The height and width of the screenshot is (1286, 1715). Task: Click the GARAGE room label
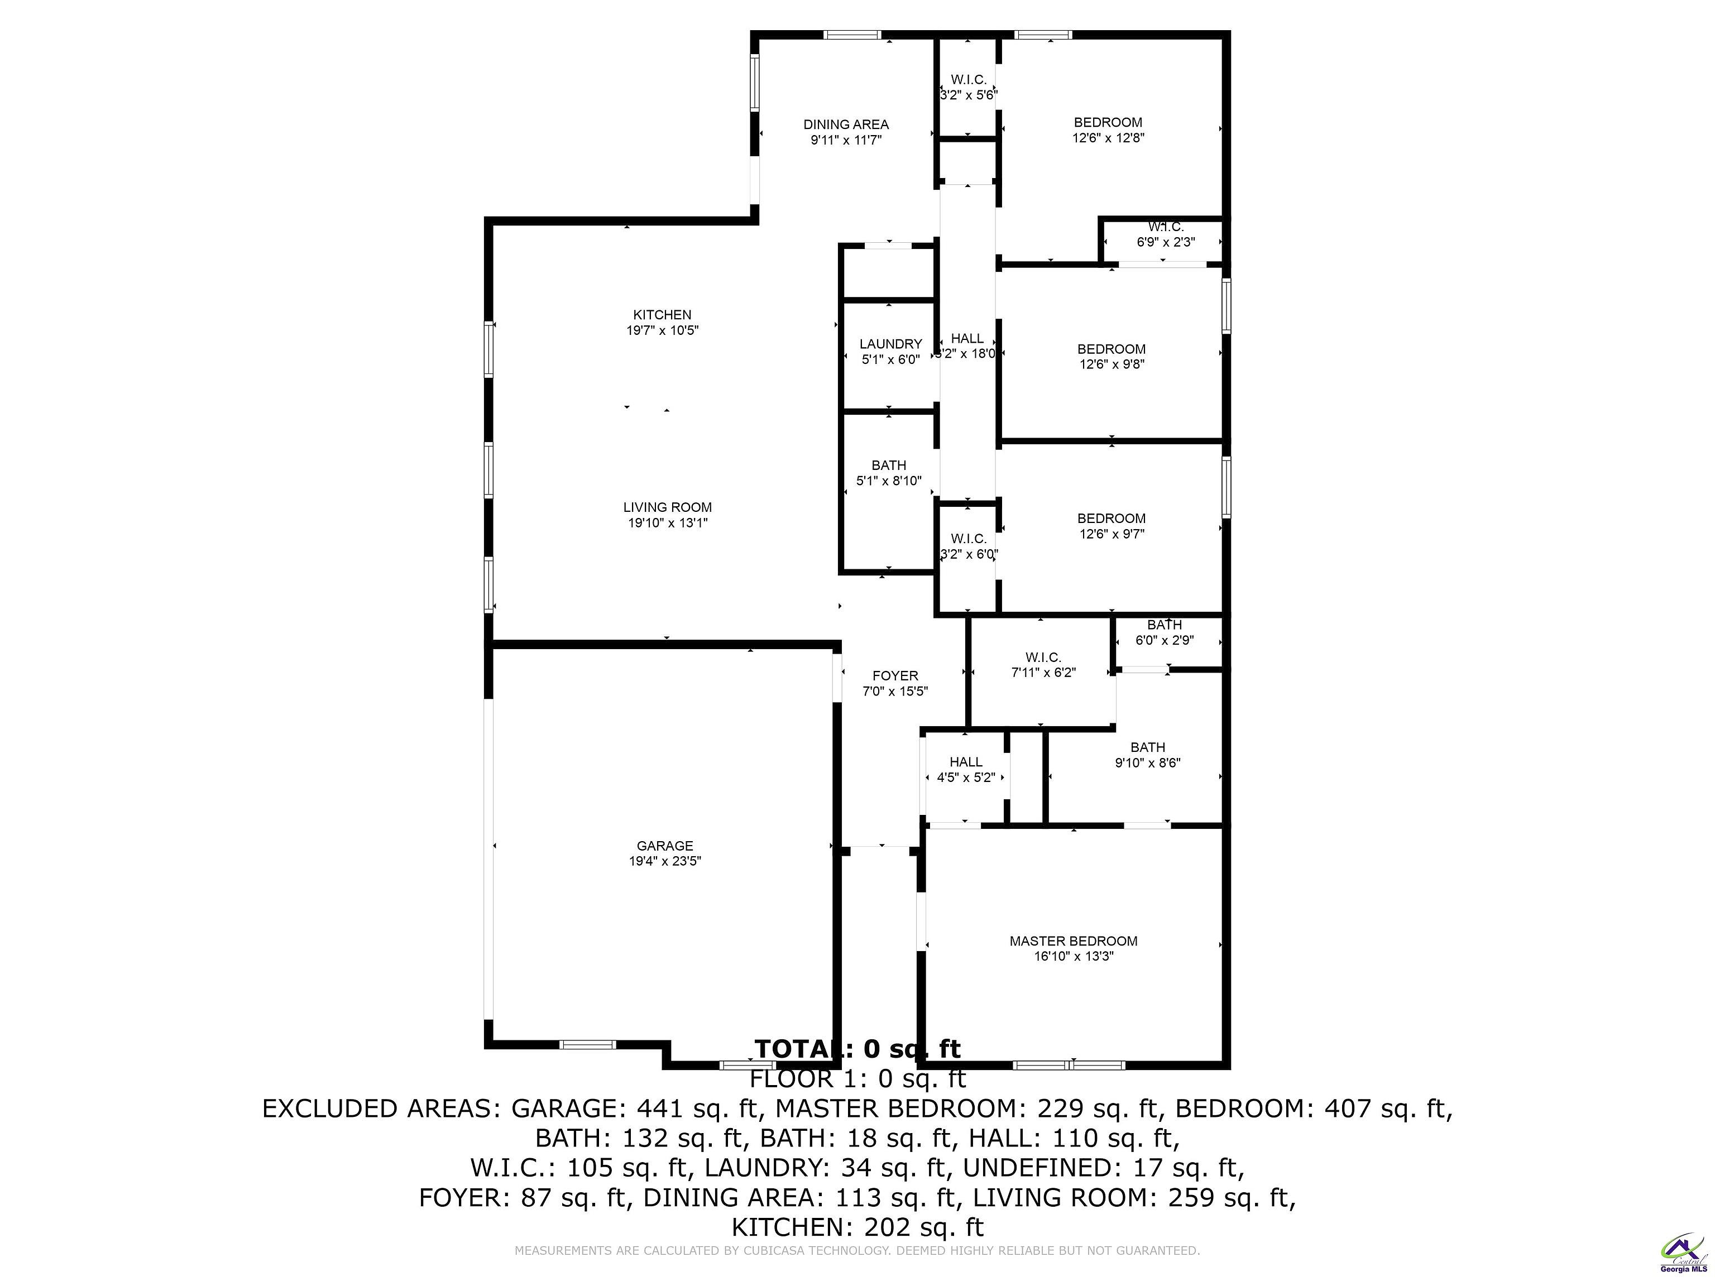coord(664,846)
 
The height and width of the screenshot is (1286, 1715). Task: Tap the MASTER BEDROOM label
coord(1073,941)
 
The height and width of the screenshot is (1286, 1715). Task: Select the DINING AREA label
coord(846,124)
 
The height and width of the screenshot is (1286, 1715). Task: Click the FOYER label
coord(895,676)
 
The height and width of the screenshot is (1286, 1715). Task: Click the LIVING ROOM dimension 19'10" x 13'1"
coord(667,523)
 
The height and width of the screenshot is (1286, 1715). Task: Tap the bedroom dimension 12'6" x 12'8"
coord(1108,138)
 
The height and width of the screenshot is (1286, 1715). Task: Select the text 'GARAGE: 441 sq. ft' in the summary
coord(633,1109)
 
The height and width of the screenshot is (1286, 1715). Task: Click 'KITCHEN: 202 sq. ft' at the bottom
coord(857,1227)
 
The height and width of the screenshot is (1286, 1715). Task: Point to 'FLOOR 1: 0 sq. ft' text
coord(857,1079)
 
